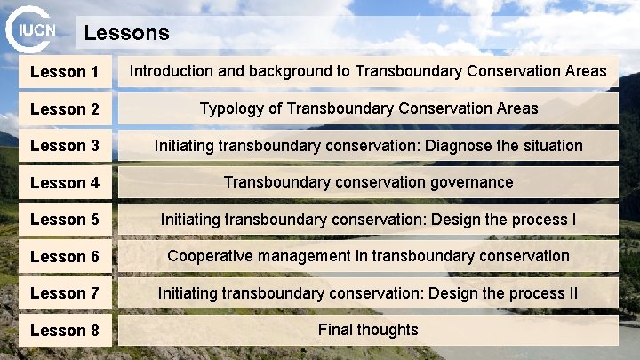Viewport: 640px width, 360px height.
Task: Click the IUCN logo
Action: click(31, 29)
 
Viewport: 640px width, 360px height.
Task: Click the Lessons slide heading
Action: click(126, 34)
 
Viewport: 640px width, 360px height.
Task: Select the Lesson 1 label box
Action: click(65, 72)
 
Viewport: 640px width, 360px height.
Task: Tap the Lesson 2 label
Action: click(65, 109)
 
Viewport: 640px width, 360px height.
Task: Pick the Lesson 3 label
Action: click(65, 145)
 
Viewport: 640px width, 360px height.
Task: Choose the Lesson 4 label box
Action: click(65, 183)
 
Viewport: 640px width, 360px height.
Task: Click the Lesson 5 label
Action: click(65, 219)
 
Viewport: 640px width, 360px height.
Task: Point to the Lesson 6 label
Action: click(65, 257)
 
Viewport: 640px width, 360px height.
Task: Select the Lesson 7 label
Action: click(65, 292)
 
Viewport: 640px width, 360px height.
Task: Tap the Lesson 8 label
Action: click(65, 331)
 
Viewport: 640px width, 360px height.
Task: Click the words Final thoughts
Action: click(368, 330)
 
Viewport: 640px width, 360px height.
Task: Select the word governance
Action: click(470, 182)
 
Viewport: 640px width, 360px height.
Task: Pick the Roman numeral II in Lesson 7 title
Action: click(572, 292)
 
